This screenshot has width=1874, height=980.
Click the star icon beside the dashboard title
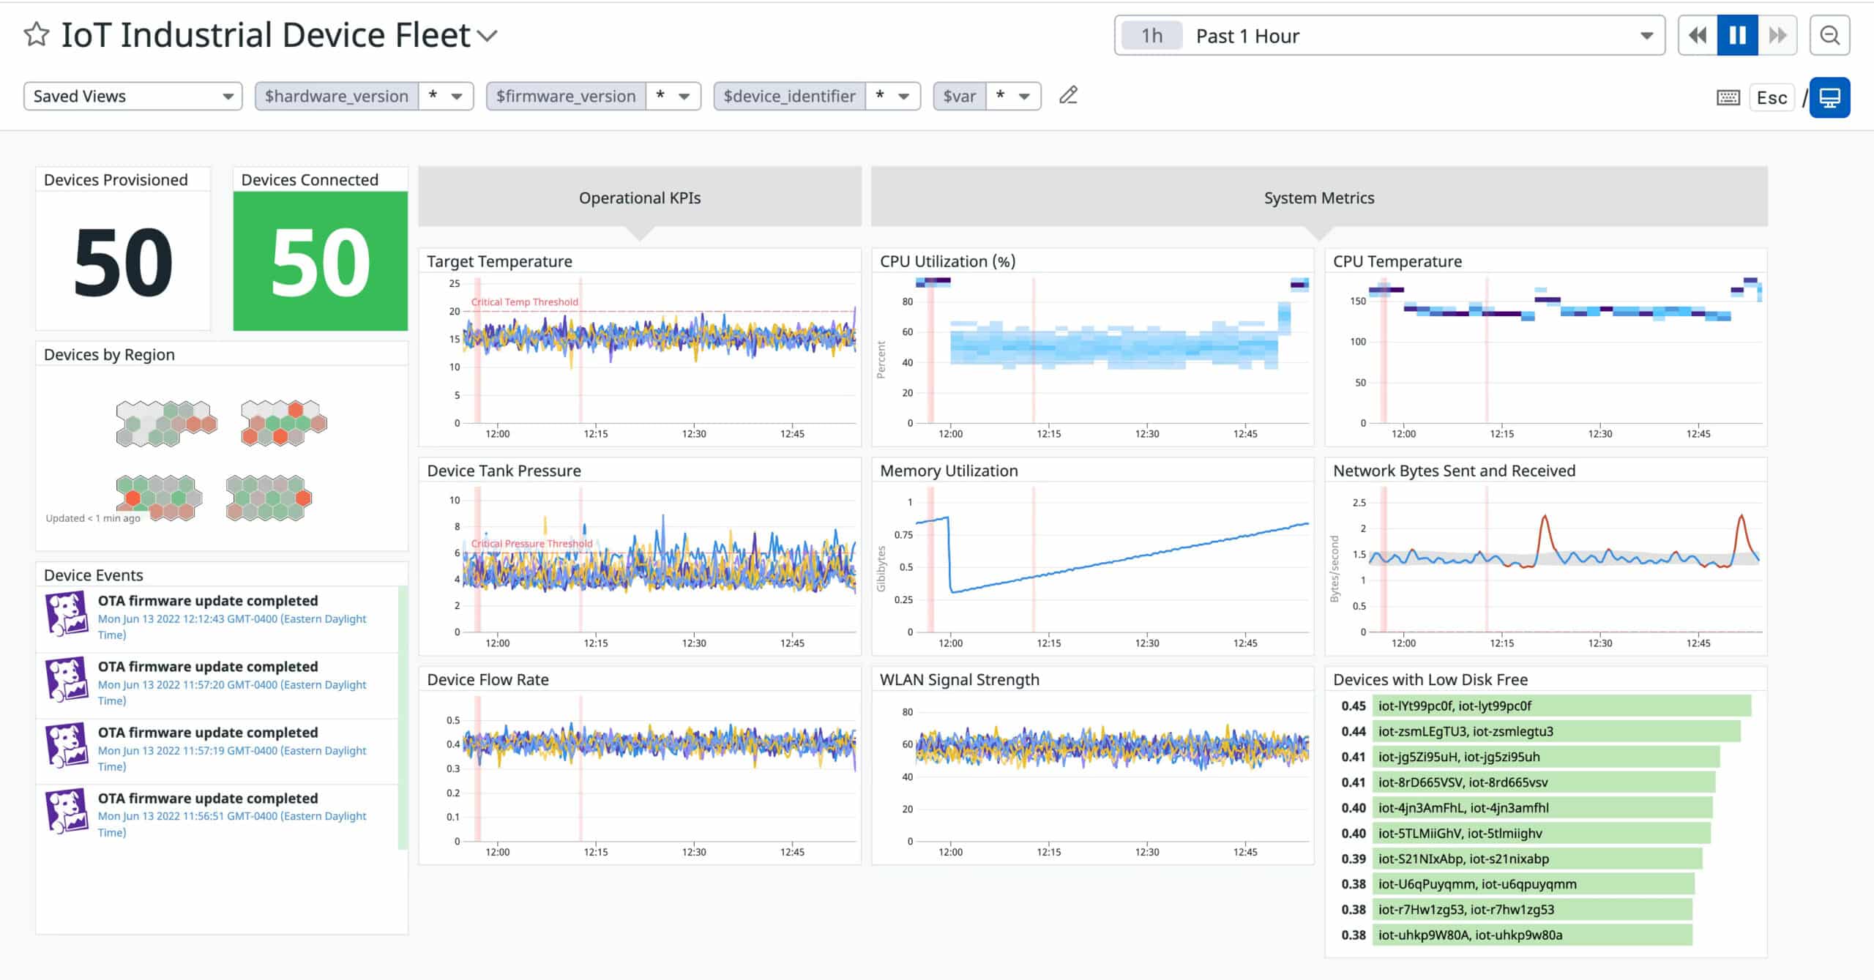(x=37, y=34)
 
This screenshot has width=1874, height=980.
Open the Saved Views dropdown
(x=132, y=96)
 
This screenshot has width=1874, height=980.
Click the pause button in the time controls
(x=1737, y=35)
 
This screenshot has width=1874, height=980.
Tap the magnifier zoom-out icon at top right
(x=1829, y=35)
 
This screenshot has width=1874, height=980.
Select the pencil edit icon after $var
(x=1068, y=95)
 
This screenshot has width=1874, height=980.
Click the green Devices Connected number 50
(x=320, y=261)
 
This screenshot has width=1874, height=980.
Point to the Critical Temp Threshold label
(x=524, y=302)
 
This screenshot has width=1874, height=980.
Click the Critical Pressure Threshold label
(x=531, y=543)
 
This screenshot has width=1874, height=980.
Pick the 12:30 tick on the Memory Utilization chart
(x=1146, y=643)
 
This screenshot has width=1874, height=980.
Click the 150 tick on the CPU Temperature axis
(x=1358, y=301)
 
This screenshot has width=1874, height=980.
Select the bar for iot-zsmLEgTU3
(x=1556, y=731)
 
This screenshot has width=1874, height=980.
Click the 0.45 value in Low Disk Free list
(x=1353, y=706)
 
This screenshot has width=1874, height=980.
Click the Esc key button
(x=1772, y=97)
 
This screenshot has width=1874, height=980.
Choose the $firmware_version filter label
(x=565, y=96)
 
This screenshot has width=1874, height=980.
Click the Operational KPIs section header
(x=639, y=198)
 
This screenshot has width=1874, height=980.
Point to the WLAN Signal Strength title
(x=959, y=679)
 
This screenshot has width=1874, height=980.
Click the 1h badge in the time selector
(x=1151, y=36)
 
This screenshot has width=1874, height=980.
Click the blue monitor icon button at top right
(x=1829, y=97)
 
